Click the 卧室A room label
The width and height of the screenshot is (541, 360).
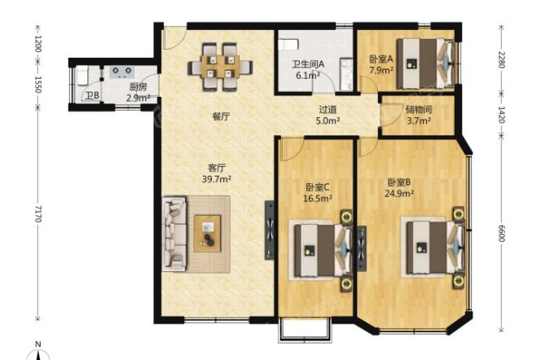click(x=380, y=59)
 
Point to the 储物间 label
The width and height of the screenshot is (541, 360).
click(x=418, y=110)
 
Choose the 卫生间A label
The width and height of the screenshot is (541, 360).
click(x=309, y=64)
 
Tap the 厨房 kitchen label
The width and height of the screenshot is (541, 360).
click(x=138, y=87)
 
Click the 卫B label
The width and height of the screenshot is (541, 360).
click(x=92, y=97)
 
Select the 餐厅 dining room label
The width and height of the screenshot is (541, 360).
click(x=221, y=116)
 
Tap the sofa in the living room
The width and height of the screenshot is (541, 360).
click(x=174, y=233)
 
